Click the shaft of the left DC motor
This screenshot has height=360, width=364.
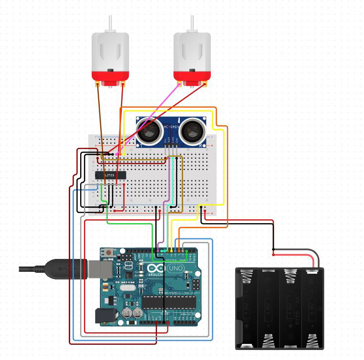pyautogui.click(x=110, y=23)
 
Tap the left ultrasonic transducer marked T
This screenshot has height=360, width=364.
pyautogui.click(x=149, y=130)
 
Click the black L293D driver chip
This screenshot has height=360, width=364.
pyautogui.click(x=111, y=175)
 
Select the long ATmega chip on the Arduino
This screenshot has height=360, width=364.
pyautogui.click(x=169, y=302)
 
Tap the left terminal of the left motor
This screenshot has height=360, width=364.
pyautogui.click(x=98, y=84)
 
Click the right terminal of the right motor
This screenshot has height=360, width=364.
pyautogui.click(x=205, y=84)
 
